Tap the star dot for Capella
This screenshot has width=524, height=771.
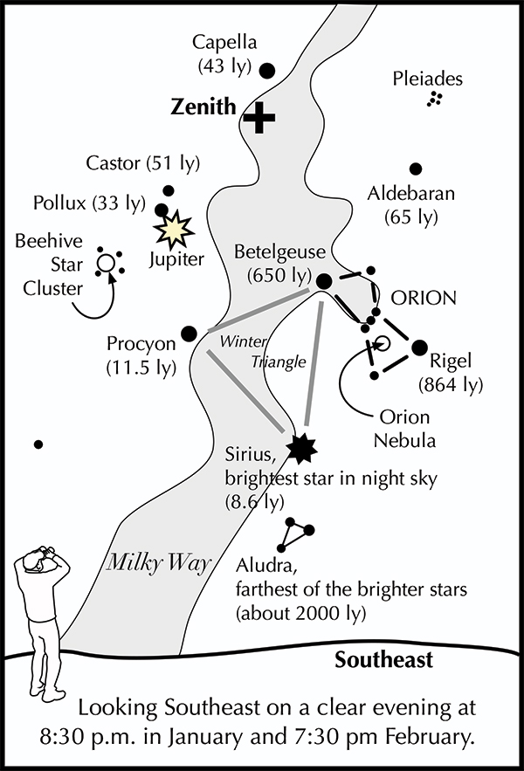tap(268, 70)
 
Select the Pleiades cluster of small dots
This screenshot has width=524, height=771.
tap(431, 100)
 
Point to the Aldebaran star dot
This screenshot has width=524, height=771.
tap(416, 169)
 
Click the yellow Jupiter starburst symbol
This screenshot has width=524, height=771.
tap(174, 229)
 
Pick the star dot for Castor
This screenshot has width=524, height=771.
tap(168, 190)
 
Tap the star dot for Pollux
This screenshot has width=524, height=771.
tap(162, 210)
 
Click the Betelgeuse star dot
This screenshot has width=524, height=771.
tap(323, 281)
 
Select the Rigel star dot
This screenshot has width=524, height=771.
tap(419, 347)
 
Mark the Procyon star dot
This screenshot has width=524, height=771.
tap(188, 333)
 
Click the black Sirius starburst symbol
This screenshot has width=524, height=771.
tap(302, 447)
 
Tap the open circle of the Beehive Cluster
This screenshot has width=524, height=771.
tap(107, 261)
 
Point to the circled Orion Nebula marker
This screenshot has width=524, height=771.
tap(381, 343)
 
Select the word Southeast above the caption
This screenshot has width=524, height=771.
tap(383, 659)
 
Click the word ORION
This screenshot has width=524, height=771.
tap(424, 298)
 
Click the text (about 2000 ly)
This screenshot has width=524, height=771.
tap(300, 614)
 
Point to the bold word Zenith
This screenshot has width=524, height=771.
tap(203, 107)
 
